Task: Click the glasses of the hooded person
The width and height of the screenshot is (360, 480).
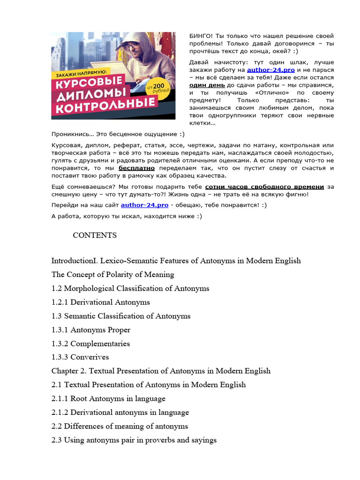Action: [134, 47]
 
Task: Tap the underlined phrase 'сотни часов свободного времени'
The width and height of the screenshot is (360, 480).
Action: [264, 186]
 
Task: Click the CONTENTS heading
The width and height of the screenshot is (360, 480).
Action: [95, 235]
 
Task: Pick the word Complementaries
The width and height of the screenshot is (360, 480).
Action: [100, 344]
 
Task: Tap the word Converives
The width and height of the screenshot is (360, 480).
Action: [90, 357]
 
